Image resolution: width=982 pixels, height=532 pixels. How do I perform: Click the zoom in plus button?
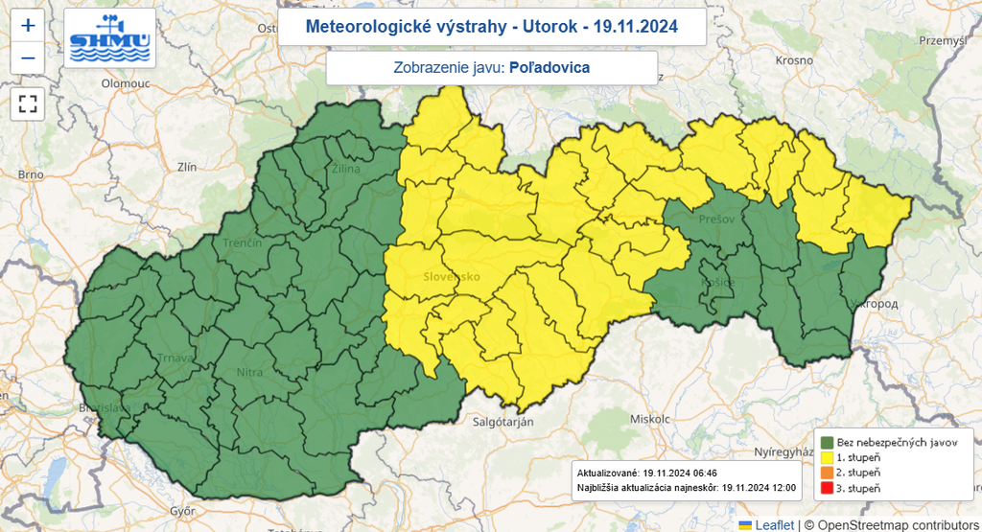pyautogui.click(x=28, y=26)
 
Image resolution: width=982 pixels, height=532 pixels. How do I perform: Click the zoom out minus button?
pyautogui.click(x=28, y=58)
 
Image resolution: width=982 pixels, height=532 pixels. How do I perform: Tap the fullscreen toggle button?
pyautogui.click(x=28, y=104)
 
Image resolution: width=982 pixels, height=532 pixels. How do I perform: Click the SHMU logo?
pyautogui.click(x=109, y=39)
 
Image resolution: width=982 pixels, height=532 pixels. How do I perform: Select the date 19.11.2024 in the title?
pyautogui.click(x=635, y=27)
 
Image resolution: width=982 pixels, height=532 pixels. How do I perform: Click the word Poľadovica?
pyautogui.click(x=549, y=68)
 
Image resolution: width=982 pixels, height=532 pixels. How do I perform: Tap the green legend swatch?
pyautogui.click(x=826, y=442)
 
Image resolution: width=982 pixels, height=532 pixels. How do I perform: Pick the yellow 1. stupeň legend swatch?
pyautogui.click(x=826, y=457)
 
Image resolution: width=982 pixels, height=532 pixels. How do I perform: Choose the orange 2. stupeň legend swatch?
pyautogui.click(x=826, y=473)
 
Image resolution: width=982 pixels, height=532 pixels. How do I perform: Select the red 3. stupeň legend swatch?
pyautogui.click(x=826, y=489)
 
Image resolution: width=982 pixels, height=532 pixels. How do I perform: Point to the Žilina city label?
pyautogui.click(x=344, y=170)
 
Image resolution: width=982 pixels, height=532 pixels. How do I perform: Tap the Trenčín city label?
pyautogui.click(x=243, y=243)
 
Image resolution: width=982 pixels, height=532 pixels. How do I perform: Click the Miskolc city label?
pyautogui.click(x=650, y=419)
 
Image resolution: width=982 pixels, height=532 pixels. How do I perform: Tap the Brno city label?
pyautogui.click(x=31, y=174)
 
